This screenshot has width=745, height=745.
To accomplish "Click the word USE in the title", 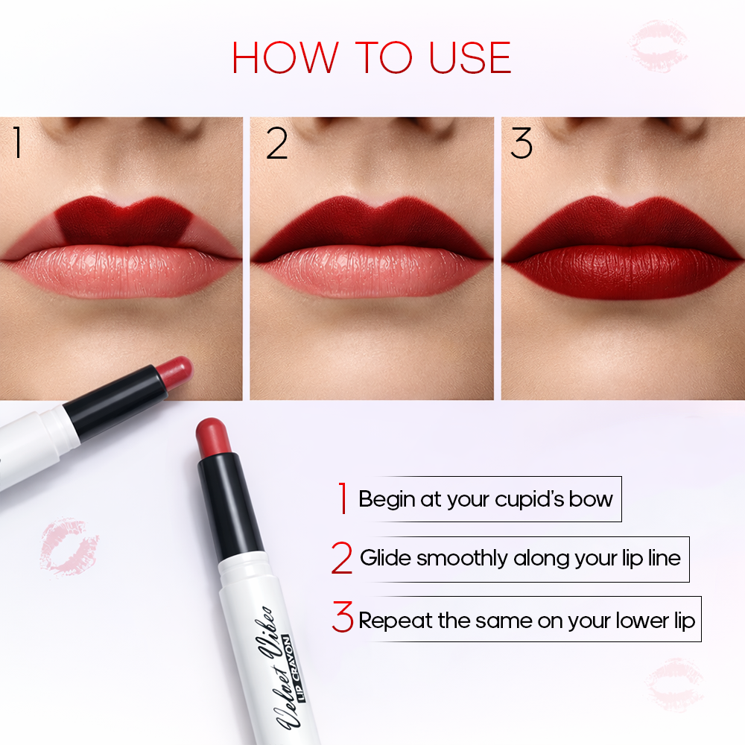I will [x=471, y=58].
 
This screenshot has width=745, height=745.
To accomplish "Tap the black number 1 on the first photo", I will [x=16, y=144].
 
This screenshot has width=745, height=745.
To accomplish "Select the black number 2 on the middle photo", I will [x=276, y=144].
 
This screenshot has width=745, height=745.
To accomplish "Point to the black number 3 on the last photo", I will [x=521, y=144].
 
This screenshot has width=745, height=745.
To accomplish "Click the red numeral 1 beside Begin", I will [x=343, y=498].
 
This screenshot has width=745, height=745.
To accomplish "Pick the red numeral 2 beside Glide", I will [x=342, y=559].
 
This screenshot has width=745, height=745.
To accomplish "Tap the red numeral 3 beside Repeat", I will [x=343, y=618].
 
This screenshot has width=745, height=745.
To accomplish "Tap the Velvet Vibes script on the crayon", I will [x=273, y=662].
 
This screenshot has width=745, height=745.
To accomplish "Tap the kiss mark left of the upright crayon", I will [x=69, y=546].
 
